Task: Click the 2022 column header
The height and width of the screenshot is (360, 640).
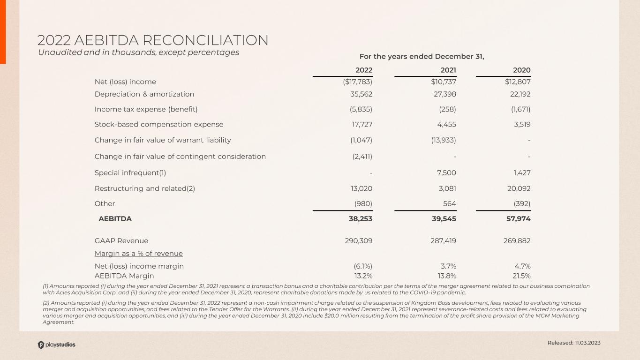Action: (364, 70)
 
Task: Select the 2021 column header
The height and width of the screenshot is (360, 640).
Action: (448, 70)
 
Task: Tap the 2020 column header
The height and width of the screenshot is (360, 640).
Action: (521, 70)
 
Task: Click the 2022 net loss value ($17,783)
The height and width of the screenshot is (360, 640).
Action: (358, 82)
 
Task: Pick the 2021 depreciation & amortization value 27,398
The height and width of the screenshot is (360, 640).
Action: (444, 94)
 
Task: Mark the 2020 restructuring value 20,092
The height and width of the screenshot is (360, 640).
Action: (518, 189)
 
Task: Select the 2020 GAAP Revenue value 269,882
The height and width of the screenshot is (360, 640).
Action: (516, 241)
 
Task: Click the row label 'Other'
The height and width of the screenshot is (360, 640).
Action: (105, 203)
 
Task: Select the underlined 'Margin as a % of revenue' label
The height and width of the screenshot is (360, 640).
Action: (139, 254)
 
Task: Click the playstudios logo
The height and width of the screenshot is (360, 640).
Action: (56, 345)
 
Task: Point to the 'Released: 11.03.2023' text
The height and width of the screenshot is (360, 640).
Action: (574, 343)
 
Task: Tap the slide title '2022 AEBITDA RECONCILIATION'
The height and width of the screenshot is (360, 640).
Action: (153, 40)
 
